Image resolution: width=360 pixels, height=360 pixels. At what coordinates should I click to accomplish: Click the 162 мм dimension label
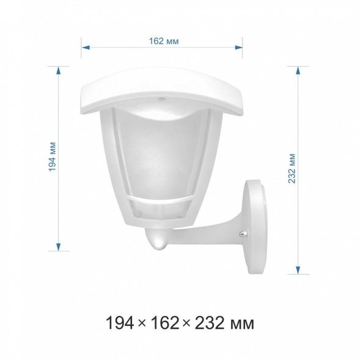(x=164, y=41)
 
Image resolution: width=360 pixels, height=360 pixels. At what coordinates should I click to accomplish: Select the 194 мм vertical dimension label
(x=53, y=157)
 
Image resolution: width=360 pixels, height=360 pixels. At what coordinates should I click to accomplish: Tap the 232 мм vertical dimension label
(x=292, y=169)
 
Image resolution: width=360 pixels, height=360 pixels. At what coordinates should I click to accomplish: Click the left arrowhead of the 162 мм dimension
(x=86, y=48)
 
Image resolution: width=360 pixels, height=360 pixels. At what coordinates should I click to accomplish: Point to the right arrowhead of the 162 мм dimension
(x=238, y=48)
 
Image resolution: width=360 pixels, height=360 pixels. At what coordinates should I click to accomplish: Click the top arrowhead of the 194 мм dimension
(x=59, y=70)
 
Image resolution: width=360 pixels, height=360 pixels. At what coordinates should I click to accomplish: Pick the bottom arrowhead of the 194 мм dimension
(x=59, y=247)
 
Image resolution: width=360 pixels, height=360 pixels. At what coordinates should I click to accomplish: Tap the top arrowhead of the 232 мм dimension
(x=298, y=70)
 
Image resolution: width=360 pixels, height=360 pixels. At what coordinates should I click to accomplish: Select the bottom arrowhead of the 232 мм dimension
(x=298, y=270)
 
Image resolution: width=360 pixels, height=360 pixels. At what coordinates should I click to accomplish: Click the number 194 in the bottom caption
(x=120, y=323)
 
